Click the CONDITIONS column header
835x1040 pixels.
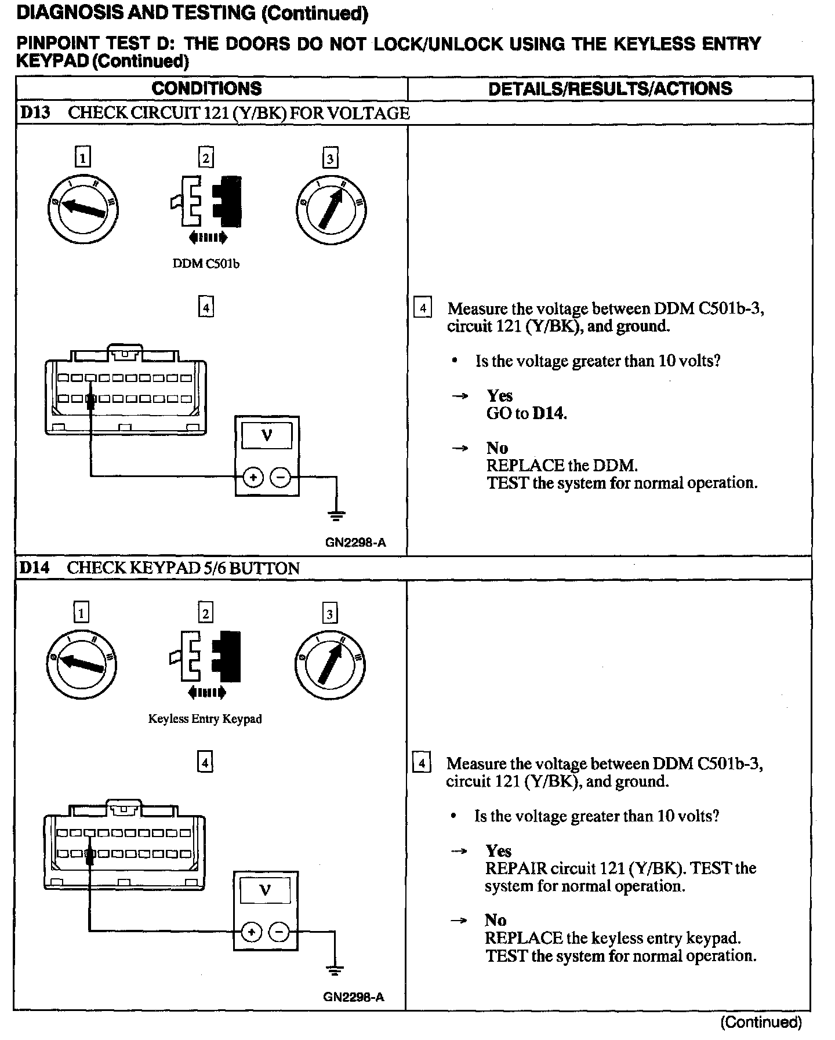[x=206, y=89]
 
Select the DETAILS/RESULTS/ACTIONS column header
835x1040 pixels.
[x=610, y=89]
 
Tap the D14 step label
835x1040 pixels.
[x=34, y=568]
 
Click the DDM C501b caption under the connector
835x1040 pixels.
[x=206, y=264]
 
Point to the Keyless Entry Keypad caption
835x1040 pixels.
[x=205, y=719]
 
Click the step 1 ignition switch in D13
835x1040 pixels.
[x=82, y=209]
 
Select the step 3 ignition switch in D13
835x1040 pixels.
[x=331, y=209]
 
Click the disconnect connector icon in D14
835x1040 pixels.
[x=205, y=664]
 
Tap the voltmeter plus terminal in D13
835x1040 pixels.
[x=253, y=478]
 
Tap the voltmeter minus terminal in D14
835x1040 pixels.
[x=279, y=932]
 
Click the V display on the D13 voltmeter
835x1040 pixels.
[x=267, y=435]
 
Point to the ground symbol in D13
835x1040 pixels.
[x=337, y=515]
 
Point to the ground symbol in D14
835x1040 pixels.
[x=335, y=970]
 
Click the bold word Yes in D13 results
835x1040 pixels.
[x=499, y=396]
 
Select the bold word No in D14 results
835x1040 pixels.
[x=496, y=920]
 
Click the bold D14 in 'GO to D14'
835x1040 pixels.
[x=549, y=413]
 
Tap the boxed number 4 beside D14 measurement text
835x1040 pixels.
[x=422, y=763]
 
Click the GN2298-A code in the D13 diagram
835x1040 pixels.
[x=355, y=543]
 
